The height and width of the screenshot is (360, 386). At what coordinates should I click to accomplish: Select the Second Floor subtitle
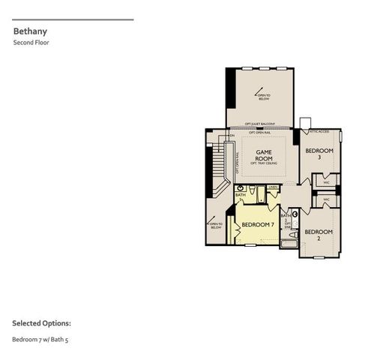click(31, 43)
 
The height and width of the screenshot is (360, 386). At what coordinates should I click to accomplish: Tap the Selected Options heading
click(41, 323)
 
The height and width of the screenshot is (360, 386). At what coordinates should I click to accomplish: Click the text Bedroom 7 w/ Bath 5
click(45, 340)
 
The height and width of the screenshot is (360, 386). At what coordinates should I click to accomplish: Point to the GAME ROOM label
click(263, 154)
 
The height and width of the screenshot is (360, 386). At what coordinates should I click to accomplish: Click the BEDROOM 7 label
click(257, 224)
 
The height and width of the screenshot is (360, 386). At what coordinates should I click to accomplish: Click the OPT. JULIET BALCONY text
click(260, 124)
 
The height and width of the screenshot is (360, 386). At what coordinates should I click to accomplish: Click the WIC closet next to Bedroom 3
click(326, 181)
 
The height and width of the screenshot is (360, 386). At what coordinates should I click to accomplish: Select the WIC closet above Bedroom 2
click(326, 200)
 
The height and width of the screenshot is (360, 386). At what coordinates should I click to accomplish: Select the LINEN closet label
click(273, 187)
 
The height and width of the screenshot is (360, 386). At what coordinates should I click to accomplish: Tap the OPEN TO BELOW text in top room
click(262, 95)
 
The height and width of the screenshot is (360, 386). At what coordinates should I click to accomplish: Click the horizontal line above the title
click(73, 19)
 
